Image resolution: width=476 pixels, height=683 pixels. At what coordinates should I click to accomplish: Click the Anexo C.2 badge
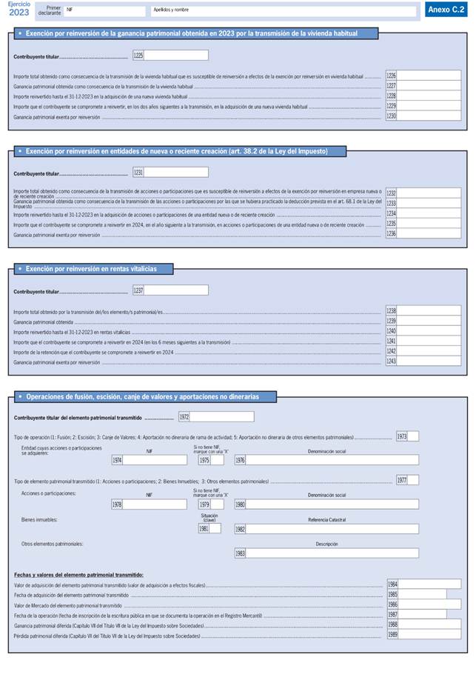tap(446, 10)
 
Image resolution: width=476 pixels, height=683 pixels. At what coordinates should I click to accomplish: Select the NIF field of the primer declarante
tap(104, 11)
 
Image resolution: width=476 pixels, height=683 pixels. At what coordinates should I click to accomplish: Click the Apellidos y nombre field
tap(283, 11)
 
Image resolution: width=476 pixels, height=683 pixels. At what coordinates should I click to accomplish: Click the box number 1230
tap(429, 117)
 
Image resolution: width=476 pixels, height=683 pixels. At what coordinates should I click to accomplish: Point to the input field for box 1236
tap(429, 234)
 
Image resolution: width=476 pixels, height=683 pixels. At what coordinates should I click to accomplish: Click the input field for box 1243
tap(429, 361)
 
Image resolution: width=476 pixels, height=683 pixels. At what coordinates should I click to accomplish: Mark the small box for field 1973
tap(413, 436)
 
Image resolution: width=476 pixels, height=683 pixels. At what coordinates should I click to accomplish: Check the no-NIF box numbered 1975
tap(218, 460)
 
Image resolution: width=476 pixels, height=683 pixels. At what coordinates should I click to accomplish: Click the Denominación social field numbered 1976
tap(332, 460)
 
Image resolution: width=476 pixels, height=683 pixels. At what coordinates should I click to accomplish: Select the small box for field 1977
tap(413, 480)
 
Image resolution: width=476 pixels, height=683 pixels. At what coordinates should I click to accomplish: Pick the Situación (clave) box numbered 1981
tap(215, 529)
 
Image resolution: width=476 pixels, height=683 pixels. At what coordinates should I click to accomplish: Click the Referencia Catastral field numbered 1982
tap(332, 529)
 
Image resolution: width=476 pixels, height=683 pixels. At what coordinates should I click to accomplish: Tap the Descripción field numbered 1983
tap(332, 553)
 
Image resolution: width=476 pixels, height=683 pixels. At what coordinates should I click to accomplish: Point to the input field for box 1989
tap(429, 636)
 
